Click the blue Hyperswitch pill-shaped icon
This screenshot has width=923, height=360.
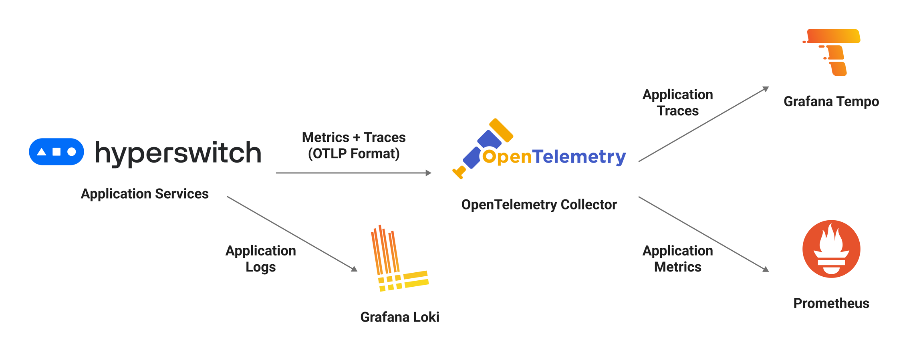tap(56, 152)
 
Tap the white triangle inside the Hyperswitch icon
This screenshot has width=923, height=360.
tap(41, 152)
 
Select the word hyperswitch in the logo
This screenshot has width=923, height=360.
tap(178, 153)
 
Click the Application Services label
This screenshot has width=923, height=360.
tap(145, 194)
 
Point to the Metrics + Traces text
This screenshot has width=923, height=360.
tap(354, 137)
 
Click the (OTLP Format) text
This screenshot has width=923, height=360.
tap(354, 154)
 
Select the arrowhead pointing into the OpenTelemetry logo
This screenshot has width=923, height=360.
tap(428, 173)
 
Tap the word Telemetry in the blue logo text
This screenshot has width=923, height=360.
tap(579, 156)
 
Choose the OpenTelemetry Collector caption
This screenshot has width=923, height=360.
tap(539, 205)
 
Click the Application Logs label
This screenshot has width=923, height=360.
tap(261, 259)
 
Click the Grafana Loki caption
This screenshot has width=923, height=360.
tap(399, 317)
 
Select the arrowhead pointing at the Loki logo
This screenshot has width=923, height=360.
tap(354, 269)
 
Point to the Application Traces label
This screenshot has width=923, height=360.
tap(677, 103)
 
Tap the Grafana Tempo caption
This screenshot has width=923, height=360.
tap(831, 102)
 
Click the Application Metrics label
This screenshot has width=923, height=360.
tap(677, 259)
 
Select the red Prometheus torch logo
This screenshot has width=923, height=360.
tap(831, 249)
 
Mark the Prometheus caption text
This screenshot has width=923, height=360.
tap(831, 303)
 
